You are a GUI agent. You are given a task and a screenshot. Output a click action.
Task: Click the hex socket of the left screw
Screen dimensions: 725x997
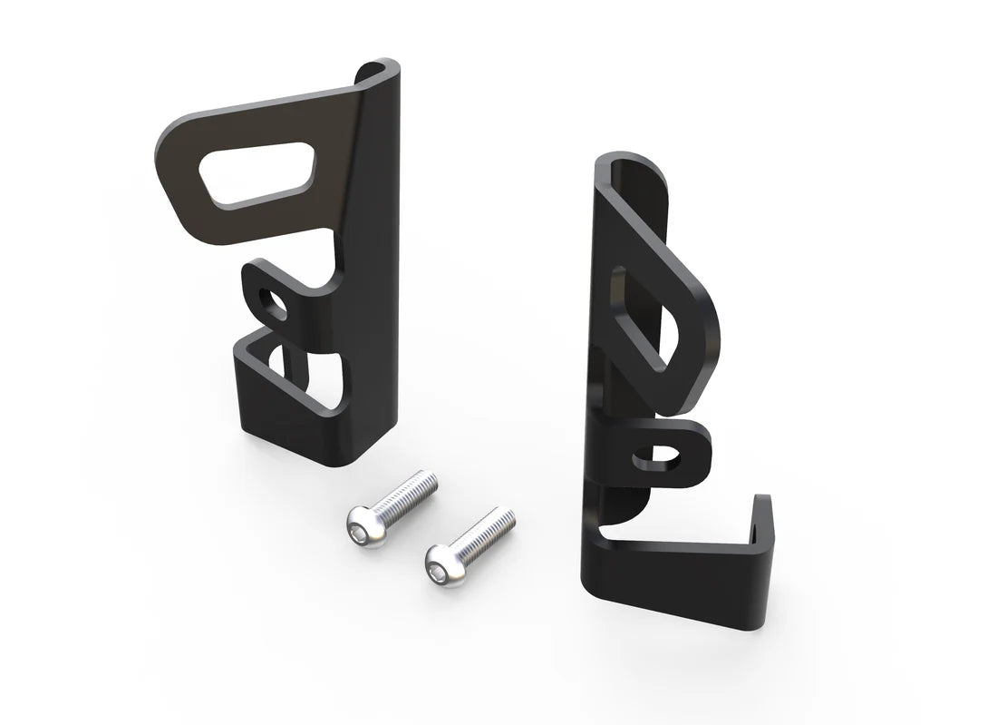[x=360, y=520]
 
